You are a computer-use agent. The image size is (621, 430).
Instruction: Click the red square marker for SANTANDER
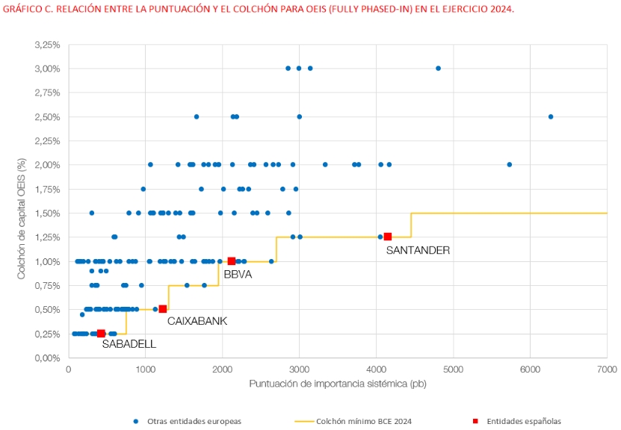coord(387,237)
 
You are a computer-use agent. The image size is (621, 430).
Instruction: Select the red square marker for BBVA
coord(232,261)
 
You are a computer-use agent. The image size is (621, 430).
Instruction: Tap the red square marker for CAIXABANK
coord(163,309)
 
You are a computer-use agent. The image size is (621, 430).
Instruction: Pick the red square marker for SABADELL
coord(101,333)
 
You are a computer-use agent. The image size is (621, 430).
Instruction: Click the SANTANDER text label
coord(418,251)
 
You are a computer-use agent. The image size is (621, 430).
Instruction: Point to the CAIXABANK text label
coord(197,321)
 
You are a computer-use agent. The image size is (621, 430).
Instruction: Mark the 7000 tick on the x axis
coord(606,370)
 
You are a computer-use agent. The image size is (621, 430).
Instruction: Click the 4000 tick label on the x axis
coord(376,370)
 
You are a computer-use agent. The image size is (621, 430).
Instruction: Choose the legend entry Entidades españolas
coord(522,421)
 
